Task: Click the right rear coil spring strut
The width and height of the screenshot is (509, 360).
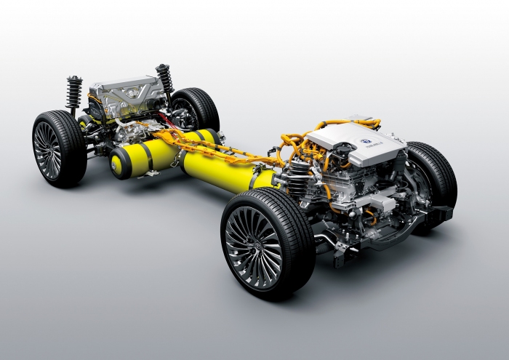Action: (x=164, y=81)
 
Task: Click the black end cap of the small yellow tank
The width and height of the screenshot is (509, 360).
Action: (x=116, y=164)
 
